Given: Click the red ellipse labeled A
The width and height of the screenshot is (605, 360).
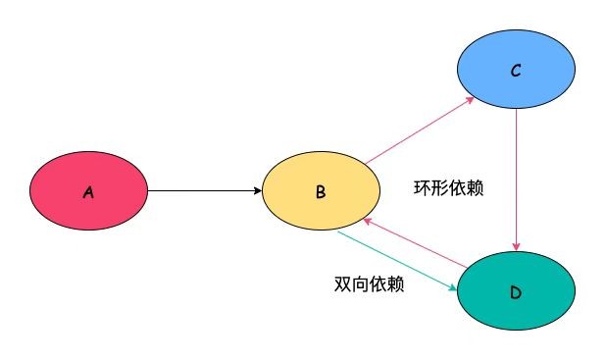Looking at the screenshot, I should tap(88, 192).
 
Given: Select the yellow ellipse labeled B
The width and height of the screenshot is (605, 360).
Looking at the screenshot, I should tap(321, 192).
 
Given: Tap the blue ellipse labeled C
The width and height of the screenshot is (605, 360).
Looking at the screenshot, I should tap(516, 71).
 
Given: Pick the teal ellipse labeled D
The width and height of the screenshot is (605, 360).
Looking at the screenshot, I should tap(516, 293).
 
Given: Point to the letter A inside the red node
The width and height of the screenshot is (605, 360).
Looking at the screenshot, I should tap(88, 193).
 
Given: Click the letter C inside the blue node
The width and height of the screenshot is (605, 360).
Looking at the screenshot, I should tap(516, 72).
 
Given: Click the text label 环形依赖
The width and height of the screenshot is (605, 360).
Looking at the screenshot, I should tap(448, 186).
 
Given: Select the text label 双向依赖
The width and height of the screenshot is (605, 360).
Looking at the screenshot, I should tap(368, 284).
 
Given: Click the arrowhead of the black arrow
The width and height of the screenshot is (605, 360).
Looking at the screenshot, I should tap(256, 192).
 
